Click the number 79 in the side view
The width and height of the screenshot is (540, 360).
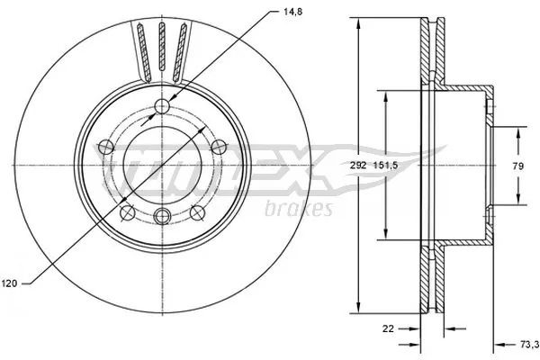click(x=519, y=166)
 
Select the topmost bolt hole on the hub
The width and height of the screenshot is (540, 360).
click(x=162, y=108)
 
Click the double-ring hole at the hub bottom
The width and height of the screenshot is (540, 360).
click(x=162, y=215)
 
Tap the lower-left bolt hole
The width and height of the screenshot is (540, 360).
click(x=128, y=212)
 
